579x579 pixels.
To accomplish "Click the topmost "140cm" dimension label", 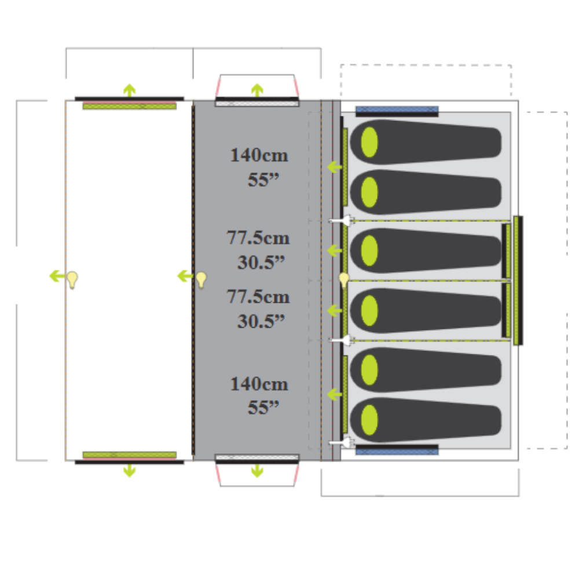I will [259, 155].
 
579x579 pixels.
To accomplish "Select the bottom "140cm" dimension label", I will [259, 384].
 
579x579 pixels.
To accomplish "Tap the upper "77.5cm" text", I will [258, 238].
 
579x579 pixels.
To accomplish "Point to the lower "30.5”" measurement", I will [261, 321].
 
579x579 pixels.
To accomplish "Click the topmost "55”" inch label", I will [263, 179].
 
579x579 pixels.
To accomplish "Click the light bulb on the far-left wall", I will [72, 280].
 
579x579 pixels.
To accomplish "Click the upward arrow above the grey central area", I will [257, 90].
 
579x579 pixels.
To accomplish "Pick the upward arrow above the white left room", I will [129, 90].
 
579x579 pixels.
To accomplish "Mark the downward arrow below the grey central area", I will [257, 471].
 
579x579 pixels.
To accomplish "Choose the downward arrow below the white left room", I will [129, 471].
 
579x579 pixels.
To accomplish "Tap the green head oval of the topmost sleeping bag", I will [369, 141].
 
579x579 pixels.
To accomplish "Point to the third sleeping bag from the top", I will [426, 251].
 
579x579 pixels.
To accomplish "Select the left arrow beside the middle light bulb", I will [185, 276].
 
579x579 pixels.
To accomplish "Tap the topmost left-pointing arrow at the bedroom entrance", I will [334, 167].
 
